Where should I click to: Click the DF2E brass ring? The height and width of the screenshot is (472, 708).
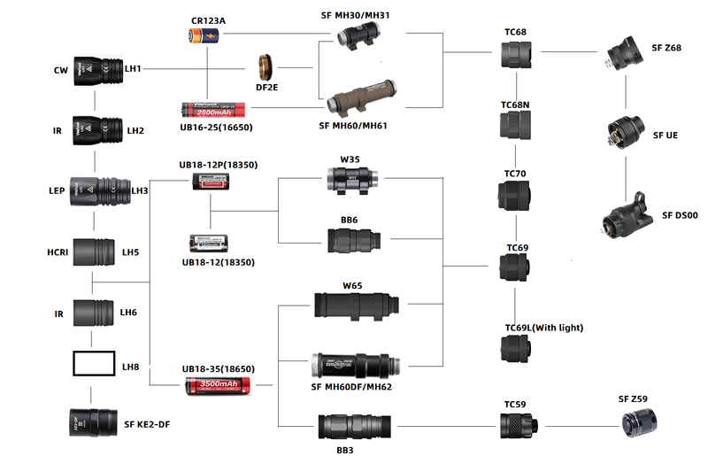click(x=265, y=68)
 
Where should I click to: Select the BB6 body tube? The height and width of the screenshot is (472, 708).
click(x=353, y=240)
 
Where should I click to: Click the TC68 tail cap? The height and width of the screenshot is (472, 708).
click(x=515, y=55)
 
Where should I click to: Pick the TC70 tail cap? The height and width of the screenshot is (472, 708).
click(x=515, y=195)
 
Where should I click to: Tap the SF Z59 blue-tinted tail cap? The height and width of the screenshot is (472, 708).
click(x=639, y=423)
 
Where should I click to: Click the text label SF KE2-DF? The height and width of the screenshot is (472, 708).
click(x=147, y=424)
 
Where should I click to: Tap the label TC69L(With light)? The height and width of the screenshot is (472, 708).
click(x=543, y=328)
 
